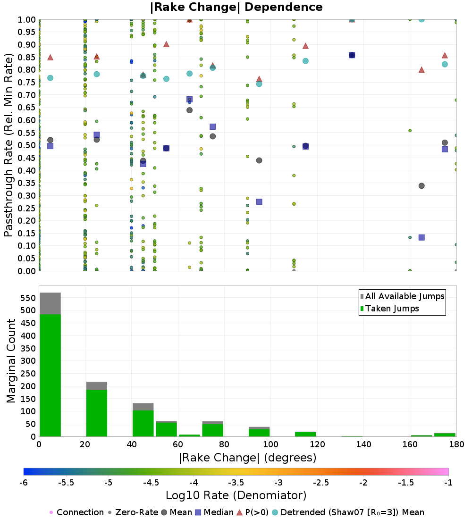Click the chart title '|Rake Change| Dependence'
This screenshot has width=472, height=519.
(236, 7)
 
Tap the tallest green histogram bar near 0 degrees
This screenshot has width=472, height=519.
(51, 376)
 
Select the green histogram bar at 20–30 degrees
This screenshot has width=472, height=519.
(97, 413)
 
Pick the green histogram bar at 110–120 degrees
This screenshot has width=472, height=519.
(305, 434)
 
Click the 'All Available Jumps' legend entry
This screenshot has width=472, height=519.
(402, 296)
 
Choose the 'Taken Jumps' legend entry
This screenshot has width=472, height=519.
(389, 309)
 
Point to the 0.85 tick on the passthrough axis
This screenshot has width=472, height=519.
(26, 57)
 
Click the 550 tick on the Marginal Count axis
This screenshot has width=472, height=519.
(28, 298)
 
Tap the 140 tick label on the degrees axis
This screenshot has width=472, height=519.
(364, 444)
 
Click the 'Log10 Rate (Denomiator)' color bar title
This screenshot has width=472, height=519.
(236, 495)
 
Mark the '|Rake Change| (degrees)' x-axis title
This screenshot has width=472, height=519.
(248, 458)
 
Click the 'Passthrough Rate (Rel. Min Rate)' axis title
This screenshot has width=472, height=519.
(8, 145)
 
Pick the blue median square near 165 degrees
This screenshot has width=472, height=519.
(421, 237)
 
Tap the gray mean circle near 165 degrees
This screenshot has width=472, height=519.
(421, 186)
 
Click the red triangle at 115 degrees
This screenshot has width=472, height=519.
(306, 46)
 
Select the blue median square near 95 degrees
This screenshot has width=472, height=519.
(259, 201)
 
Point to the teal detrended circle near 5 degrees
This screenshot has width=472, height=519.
(51, 78)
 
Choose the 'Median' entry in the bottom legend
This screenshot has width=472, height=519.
(214, 512)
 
